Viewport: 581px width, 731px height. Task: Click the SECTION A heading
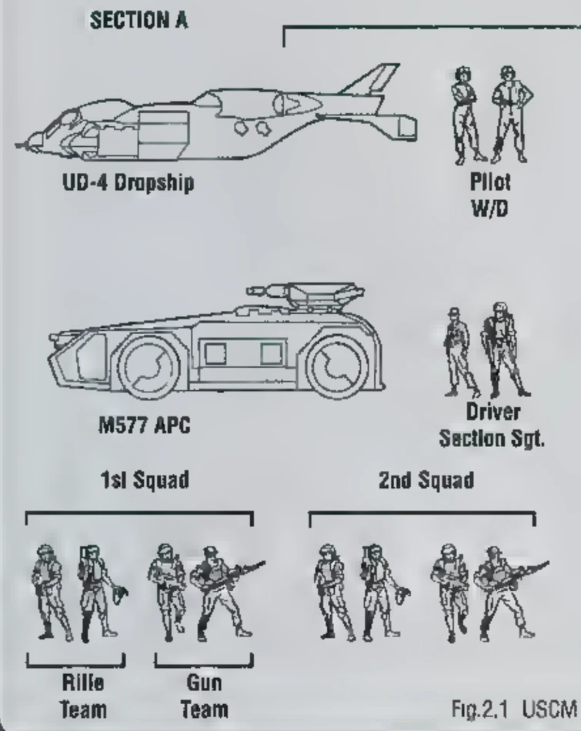coord(139,21)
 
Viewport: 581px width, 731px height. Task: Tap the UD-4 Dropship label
coord(129,182)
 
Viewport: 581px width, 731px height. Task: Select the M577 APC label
coord(144,426)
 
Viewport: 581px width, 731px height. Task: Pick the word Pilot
coord(489,182)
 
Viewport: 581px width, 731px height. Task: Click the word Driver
coord(493,412)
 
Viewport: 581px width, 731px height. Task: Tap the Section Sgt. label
coord(492,439)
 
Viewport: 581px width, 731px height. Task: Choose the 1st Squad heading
coord(145,480)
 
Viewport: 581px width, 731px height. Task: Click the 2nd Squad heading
coord(426,480)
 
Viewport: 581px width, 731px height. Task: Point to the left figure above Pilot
coord(465,114)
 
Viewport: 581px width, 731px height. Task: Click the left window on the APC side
coord(215,354)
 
